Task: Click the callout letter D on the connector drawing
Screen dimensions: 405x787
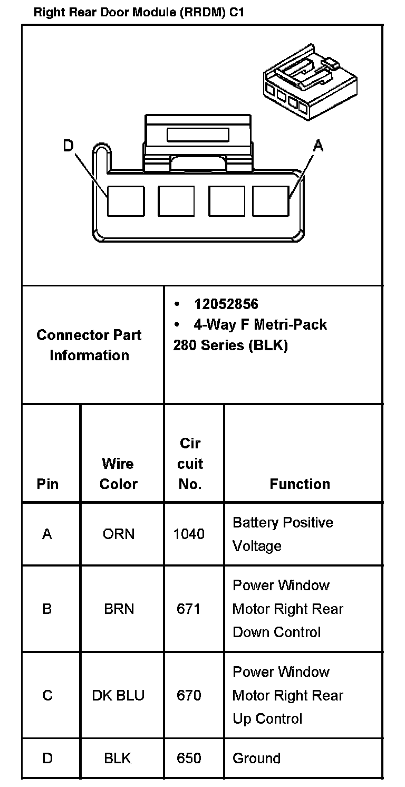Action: [x=69, y=146]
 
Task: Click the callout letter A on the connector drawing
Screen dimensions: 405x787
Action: [x=318, y=146]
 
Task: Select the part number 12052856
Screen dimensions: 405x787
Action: [x=226, y=304]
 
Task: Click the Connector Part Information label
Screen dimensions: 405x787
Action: [x=89, y=345]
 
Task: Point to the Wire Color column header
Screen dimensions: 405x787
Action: [x=118, y=474]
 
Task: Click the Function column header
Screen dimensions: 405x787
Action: [x=300, y=484]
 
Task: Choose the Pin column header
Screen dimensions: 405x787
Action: [x=47, y=484]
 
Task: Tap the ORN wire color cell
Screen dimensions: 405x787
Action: [x=118, y=534]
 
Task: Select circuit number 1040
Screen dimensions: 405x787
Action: [x=189, y=534]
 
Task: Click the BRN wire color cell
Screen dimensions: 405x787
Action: [x=119, y=609]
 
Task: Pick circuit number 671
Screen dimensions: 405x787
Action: [x=189, y=609]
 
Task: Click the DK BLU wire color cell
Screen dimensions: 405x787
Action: [x=118, y=695]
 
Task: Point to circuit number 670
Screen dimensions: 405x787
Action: [x=189, y=695]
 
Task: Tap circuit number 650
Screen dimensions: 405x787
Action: [x=189, y=758]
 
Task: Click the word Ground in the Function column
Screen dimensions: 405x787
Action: [x=256, y=758]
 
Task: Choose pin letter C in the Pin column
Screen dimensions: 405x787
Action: [x=47, y=695]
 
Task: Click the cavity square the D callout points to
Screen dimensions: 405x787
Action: [x=126, y=201]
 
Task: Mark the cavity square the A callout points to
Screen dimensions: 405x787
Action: [x=271, y=201]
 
